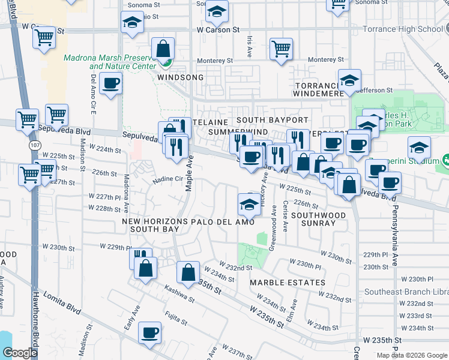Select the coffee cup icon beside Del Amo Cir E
(x=110, y=84)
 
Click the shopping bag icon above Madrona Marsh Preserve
(x=163, y=49)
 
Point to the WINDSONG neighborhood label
(x=177, y=78)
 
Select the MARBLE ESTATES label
(x=288, y=282)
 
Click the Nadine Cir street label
(x=170, y=179)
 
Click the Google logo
(x=20, y=353)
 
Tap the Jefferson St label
(x=374, y=90)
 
